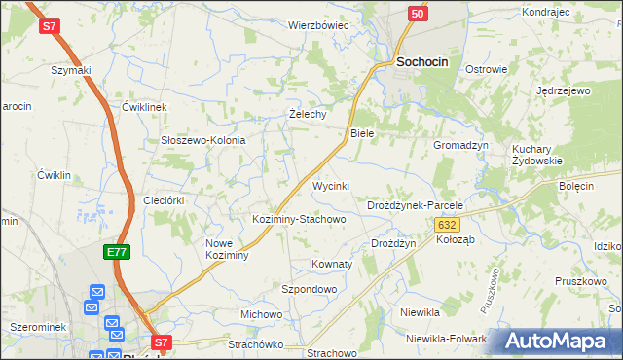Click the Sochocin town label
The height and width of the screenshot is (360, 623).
coord(421,61)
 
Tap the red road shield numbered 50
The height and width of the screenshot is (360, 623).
coord(417,14)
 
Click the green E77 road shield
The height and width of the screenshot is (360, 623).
coord(117,252)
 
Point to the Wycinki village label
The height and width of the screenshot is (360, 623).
coord(330,185)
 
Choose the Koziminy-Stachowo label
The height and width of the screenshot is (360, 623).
coord(299,219)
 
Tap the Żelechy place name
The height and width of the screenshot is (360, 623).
coord(307,113)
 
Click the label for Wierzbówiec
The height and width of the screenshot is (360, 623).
coord(317,25)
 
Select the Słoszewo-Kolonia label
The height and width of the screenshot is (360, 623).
coord(203,140)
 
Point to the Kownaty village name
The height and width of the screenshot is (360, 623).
coord(331,264)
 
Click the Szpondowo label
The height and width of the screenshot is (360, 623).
coord(309,289)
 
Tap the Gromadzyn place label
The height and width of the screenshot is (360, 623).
coord(460,144)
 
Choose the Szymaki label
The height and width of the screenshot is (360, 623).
coord(71,70)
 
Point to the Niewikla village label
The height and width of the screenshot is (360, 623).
coord(421,312)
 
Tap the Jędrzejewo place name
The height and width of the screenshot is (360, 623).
coord(564,90)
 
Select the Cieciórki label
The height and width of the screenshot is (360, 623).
coord(164,199)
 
